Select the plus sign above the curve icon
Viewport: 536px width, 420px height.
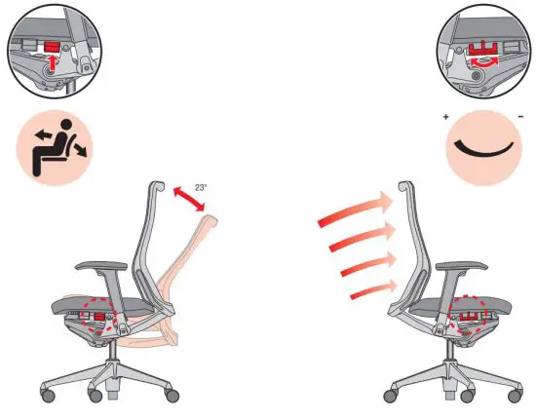(x=446, y=117)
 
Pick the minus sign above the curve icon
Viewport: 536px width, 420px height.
(x=522, y=117)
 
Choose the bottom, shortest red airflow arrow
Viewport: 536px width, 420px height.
(x=374, y=287)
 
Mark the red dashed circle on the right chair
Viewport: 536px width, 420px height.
(x=473, y=314)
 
